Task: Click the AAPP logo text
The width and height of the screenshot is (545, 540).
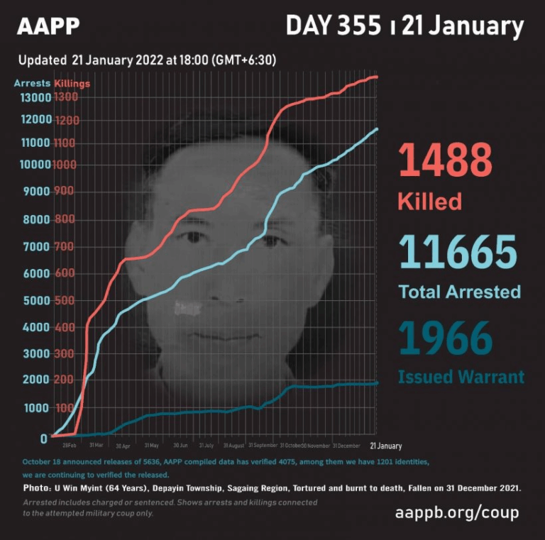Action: click(x=48, y=26)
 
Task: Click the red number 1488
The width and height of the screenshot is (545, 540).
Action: click(x=445, y=160)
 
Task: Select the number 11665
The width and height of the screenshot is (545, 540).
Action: click(x=458, y=252)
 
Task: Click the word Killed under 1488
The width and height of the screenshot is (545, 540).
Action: click(x=429, y=201)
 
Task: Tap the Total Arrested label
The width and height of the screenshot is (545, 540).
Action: click(x=459, y=292)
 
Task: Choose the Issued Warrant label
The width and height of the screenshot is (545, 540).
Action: click(x=461, y=376)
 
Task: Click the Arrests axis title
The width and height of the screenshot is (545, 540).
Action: click(x=32, y=84)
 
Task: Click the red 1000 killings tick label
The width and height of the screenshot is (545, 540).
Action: click(x=65, y=165)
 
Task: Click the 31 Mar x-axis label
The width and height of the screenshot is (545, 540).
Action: click(x=97, y=446)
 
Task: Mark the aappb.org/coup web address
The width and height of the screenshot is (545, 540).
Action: click(x=456, y=512)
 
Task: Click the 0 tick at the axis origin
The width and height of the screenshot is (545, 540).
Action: click(x=44, y=438)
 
